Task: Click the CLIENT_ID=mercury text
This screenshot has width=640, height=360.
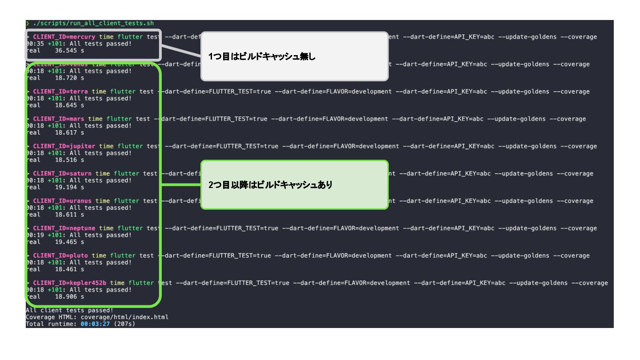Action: (x=64, y=37)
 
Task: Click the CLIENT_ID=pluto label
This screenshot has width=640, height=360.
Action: (x=60, y=256)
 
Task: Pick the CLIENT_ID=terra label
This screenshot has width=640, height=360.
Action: (x=60, y=92)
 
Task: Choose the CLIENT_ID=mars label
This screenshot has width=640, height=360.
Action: (x=59, y=119)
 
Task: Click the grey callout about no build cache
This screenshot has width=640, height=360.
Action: (x=294, y=56)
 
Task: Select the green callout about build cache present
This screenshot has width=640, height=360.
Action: (x=294, y=185)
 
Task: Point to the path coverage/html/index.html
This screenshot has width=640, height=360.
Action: (x=124, y=317)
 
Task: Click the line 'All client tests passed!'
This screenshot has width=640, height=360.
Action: (x=69, y=310)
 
